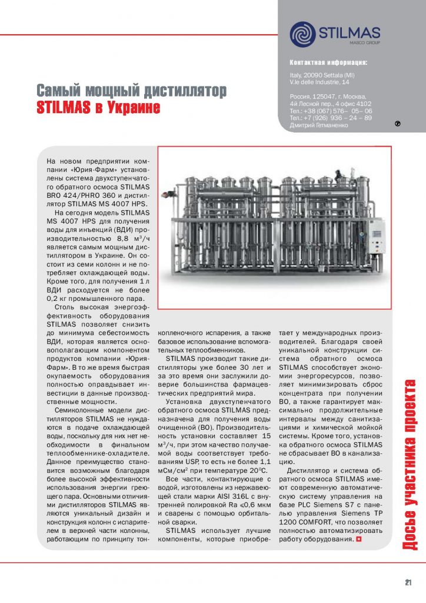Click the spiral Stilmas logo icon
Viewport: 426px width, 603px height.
tap(302, 34)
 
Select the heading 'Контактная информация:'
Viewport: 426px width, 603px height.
tap(328, 62)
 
